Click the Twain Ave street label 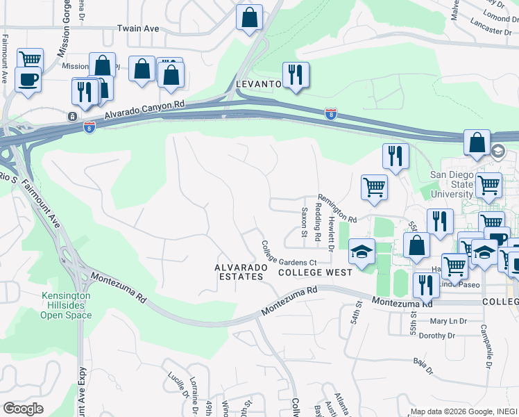pos(138,28)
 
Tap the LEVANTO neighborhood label pos(258,83)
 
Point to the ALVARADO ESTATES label pos(239,272)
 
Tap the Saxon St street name pos(304,222)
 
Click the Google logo pos(23,408)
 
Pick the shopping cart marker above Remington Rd pos(373,187)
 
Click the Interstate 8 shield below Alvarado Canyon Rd pos(89,126)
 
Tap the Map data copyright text pos(463,411)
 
